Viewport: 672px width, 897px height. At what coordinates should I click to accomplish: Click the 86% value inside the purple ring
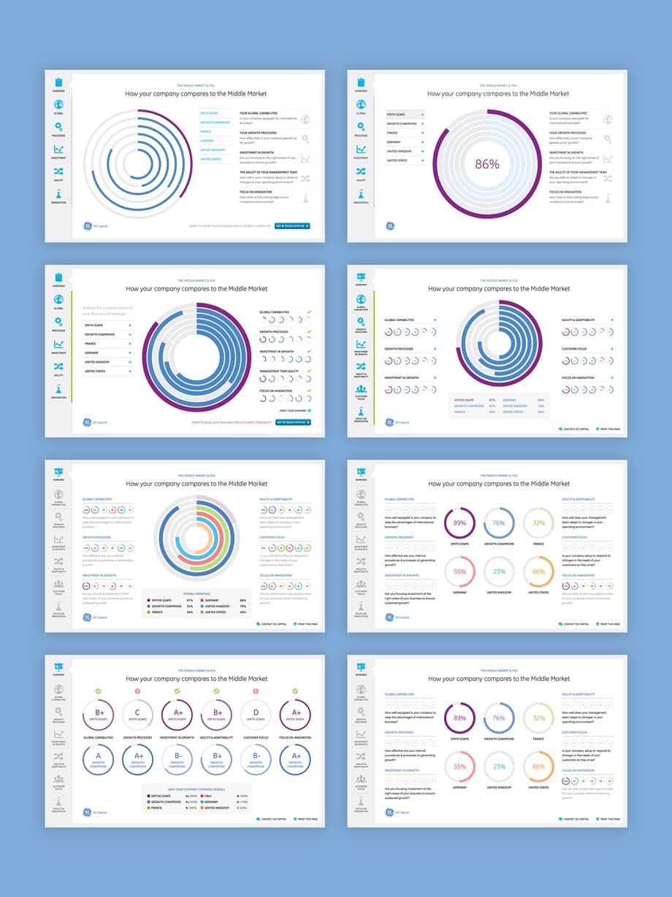pos(487,164)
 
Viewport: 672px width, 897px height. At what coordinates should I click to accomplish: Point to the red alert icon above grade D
pos(256,691)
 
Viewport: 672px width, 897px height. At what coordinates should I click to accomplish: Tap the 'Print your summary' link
pos(292,411)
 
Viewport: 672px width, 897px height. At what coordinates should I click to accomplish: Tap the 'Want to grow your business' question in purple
pos(231,422)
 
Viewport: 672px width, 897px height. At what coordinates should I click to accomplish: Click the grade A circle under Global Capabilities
pos(99,760)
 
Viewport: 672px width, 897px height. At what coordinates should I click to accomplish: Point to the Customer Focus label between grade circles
pos(256,738)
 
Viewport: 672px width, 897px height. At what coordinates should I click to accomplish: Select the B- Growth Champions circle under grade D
pos(256,760)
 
